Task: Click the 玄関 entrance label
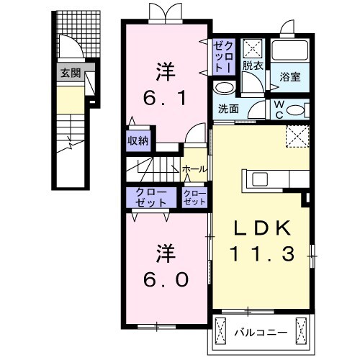click(x=70, y=72)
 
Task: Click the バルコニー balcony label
click(x=261, y=333)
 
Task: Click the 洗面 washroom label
click(x=228, y=109)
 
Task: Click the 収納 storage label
click(x=138, y=140)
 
